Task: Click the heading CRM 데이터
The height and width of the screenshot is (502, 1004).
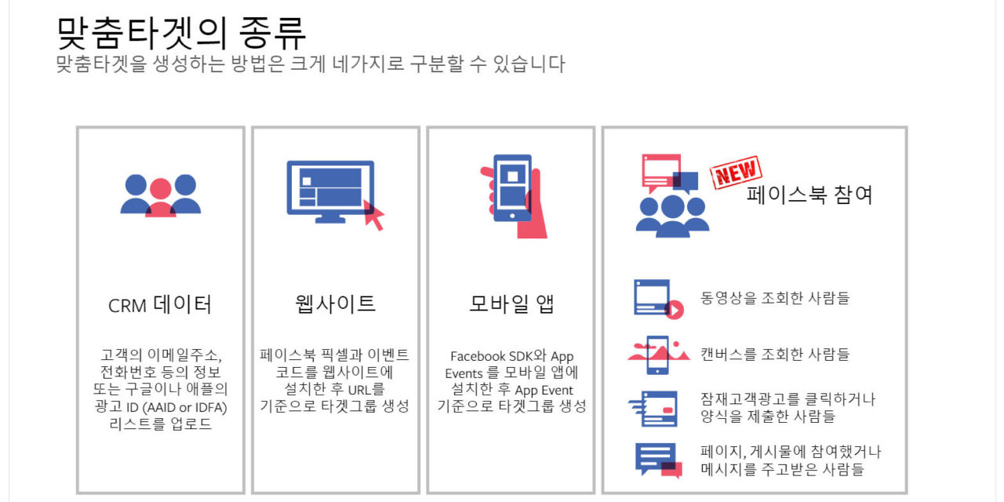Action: point(160,304)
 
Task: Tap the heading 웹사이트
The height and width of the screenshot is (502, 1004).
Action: point(336,304)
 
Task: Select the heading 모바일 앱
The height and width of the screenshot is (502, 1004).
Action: point(511,304)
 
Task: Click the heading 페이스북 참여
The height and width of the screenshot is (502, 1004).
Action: point(809,194)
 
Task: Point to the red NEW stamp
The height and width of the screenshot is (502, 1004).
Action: point(735,173)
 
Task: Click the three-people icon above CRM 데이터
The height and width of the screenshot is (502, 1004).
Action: point(160,195)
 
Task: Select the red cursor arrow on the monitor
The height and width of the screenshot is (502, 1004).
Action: point(374,218)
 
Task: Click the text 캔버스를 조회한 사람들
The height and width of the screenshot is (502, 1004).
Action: point(775,354)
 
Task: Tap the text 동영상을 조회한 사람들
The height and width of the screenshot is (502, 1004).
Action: point(775,298)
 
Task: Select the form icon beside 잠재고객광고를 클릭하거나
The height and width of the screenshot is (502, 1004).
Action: point(653,408)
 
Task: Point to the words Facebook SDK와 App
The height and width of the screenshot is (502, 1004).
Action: point(511,356)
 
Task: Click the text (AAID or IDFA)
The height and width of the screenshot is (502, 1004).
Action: point(179,406)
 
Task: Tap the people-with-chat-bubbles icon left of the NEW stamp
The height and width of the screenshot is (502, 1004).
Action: point(669,196)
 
